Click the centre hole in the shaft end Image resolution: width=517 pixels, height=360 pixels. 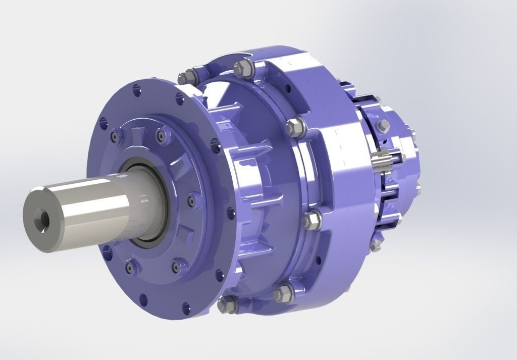pos(40,219)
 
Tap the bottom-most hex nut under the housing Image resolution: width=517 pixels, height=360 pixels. pos(227,304)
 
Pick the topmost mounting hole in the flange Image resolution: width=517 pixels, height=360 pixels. pos(136,90)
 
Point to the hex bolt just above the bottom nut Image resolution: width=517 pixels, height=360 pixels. pos(283,292)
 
